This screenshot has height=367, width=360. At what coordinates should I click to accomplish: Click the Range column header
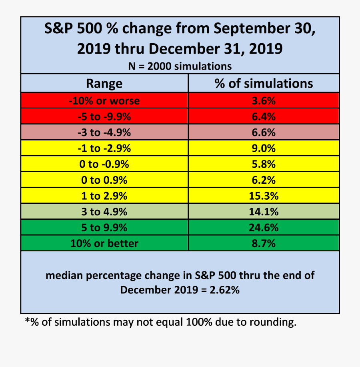click(104, 84)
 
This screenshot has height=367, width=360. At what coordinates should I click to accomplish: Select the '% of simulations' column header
click(264, 84)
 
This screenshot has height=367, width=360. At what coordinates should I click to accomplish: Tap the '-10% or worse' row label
click(104, 100)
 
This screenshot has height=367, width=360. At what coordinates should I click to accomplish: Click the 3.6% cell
click(264, 100)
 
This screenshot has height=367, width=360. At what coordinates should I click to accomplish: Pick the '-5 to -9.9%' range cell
click(104, 116)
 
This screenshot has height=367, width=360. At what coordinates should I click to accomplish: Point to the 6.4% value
click(264, 116)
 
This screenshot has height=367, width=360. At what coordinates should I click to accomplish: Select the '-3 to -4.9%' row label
click(104, 132)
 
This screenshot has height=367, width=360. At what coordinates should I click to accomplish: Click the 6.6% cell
click(264, 132)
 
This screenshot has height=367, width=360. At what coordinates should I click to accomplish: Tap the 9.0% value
click(264, 148)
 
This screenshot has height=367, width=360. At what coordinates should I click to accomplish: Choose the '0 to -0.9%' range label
click(104, 164)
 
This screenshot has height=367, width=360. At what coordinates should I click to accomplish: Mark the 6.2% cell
click(264, 180)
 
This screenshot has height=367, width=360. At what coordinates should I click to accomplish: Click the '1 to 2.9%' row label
click(104, 196)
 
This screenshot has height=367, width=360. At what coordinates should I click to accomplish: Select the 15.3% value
click(264, 196)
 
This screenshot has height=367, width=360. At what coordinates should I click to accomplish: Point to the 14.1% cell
click(264, 212)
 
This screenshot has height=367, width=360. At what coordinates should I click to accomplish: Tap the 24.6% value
click(264, 227)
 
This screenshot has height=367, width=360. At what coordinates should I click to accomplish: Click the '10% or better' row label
click(104, 243)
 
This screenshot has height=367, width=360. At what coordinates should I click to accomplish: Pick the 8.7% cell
click(264, 243)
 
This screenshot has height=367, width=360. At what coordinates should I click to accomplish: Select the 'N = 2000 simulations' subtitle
click(180, 66)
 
